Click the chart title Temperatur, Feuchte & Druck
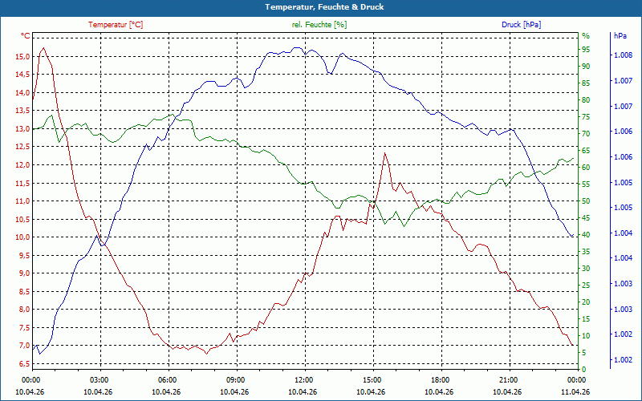pos(320,7)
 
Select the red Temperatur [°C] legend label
pos(116,25)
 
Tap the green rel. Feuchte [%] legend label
pos(319,25)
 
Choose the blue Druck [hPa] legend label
pos(521,25)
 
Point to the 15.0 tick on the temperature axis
pos(18,56)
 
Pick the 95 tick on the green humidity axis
pos(586,50)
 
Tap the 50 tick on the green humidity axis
pos(586,201)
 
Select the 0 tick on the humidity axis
pos(584,369)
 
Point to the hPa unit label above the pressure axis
pos(620,36)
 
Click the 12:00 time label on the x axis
pos(303,379)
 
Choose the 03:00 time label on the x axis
pos(99,379)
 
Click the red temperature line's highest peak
pos(43,48)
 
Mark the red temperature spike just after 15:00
pos(385,153)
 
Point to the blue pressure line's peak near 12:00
pos(298,47)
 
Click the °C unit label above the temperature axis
pos(26,36)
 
